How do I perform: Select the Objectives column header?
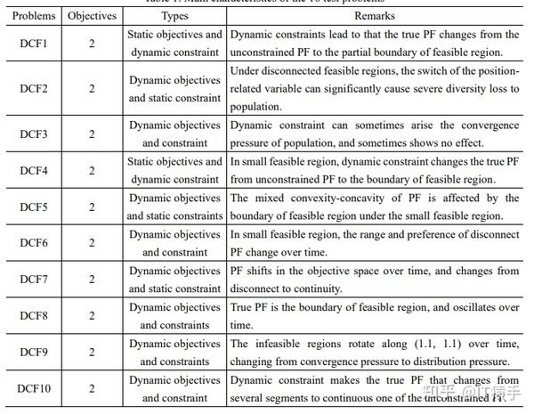[x=92, y=16]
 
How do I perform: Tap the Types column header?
[x=174, y=16]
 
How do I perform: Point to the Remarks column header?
[x=374, y=16]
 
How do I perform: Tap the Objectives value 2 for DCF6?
[x=92, y=243]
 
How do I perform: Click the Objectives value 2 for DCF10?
[x=92, y=388]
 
